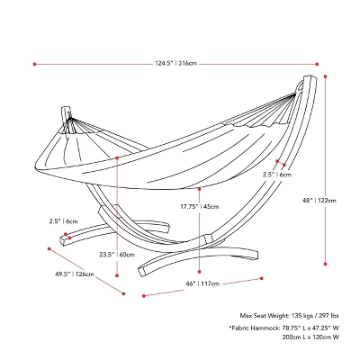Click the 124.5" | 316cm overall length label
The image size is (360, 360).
[175, 64]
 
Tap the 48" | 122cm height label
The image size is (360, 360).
[319, 201]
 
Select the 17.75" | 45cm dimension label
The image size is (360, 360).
[199, 206]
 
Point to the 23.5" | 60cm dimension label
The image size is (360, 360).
[117, 255]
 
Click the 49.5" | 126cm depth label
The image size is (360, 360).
[74, 274]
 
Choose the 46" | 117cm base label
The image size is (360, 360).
[202, 283]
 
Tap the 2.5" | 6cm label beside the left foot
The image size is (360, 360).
[63, 221]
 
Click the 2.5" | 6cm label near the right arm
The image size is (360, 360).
[277, 175]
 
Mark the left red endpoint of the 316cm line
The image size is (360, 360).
[34, 64]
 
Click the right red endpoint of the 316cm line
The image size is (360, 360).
[317, 64]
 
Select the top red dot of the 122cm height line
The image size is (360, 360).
[325, 76]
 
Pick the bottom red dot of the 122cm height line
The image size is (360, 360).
[325, 264]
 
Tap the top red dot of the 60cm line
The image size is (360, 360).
[117, 157]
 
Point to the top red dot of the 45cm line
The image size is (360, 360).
[200, 189]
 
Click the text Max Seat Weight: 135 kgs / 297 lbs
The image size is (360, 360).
[289, 316]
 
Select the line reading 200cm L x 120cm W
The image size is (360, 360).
[310, 337]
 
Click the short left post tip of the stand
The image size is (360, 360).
[66, 107]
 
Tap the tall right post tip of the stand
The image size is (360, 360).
[310, 77]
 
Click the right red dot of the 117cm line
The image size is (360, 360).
[262, 278]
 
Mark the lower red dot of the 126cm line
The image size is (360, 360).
[123, 293]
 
